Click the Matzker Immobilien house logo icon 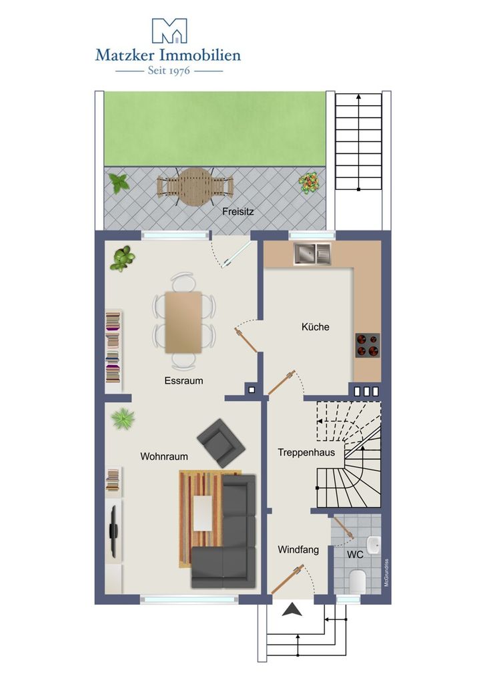click(169, 31)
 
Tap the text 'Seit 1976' click(169, 70)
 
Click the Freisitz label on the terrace click(237, 212)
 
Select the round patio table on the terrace click(195, 186)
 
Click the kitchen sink click(312, 254)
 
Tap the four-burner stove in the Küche click(367, 346)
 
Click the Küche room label click(316, 326)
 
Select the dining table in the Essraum click(183, 322)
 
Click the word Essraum click(183, 380)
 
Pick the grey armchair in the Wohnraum click(221, 443)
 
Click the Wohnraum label click(164, 456)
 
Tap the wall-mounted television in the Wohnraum click(113, 531)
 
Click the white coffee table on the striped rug click(203, 513)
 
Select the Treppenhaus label click(307, 452)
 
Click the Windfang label click(298, 549)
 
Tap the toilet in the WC click(358, 581)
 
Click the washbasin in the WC click(374, 544)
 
